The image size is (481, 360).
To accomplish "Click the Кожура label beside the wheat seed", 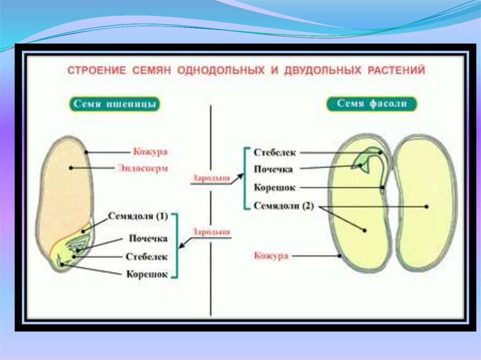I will tap(150, 152).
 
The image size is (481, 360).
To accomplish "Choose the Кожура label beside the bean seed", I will tap(271, 256).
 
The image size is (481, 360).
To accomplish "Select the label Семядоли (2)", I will tap(283, 206).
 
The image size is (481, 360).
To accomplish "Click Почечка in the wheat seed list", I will tap(148, 238).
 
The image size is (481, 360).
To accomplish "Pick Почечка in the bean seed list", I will tap(273, 169).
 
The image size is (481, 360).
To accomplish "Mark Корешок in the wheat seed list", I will tap(147, 275).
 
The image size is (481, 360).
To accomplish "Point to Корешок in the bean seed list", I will tap(275, 188).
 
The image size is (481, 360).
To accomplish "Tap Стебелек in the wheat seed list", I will tap(147, 257).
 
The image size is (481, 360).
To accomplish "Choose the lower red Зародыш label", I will tap(211, 232).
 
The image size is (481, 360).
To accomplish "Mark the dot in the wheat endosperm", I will tap(71, 167).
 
